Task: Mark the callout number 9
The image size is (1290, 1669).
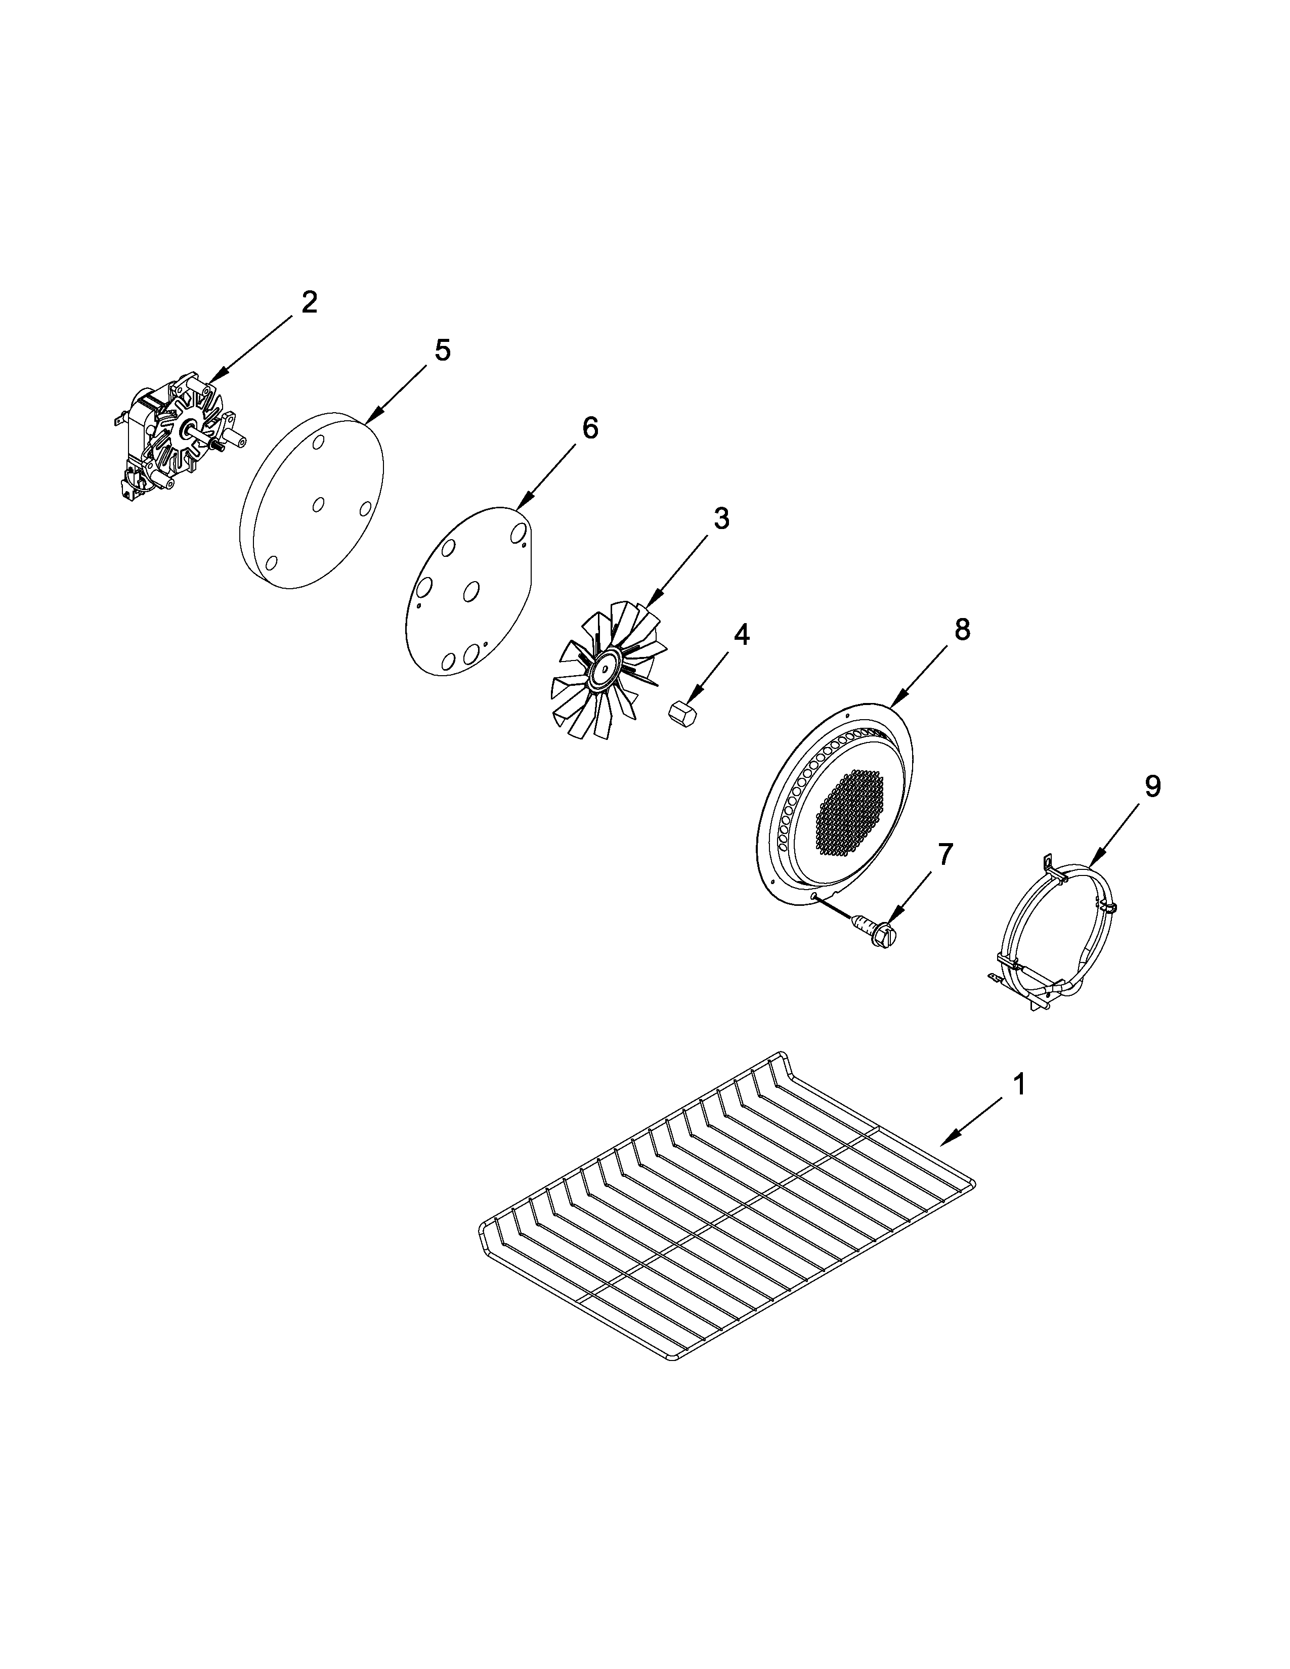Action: pos(1152,786)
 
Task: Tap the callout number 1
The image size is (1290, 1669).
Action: pos(1019,1084)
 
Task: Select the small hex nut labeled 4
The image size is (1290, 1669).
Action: pos(678,713)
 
